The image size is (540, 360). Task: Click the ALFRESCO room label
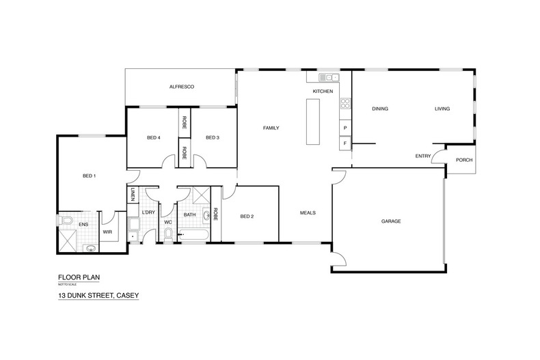[x=182, y=87]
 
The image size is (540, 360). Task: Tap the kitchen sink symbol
[x=329, y=77]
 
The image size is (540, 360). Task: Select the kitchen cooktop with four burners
[x=345, y=103]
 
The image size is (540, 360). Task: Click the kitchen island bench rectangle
[x=312, y=122]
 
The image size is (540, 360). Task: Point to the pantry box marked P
[x=345, y=128]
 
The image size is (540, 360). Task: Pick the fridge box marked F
[x=345, y=143]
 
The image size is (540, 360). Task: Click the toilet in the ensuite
[x=65, y=220]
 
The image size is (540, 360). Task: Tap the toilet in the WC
[x=168, y=235]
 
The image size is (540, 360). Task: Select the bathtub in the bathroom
[x=193, y=236]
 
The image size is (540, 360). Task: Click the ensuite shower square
[x=68, y=241]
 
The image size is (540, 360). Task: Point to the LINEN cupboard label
[x=133, y=195]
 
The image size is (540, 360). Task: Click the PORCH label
[x=464, y=160]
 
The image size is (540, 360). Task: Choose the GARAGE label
[x=391, y=221]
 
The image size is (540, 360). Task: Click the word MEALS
[x=308, y=212]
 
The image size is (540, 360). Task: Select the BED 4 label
[x=154, y=138]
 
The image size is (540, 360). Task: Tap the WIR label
[x=107, y=232]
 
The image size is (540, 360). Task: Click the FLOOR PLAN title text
[x=79, y=277]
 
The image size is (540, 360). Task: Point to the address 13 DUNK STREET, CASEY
[x=98, y=295]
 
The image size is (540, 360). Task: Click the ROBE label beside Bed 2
[x=216, y=214]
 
